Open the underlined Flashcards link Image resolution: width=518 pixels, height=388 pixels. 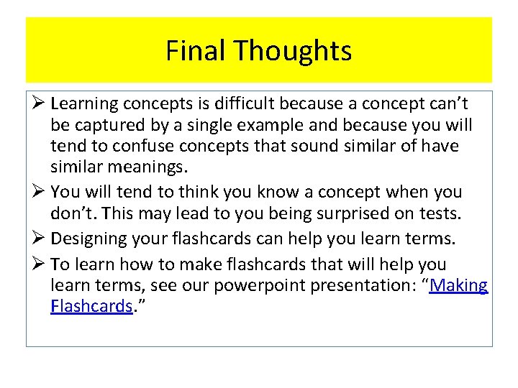point(91,306)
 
